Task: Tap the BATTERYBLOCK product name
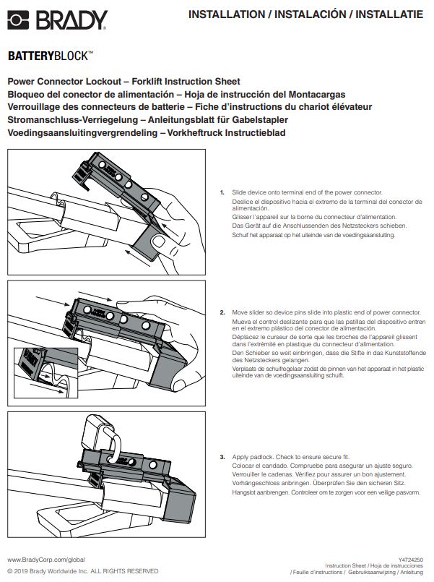pos(51,55)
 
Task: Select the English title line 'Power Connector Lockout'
pos(123,82)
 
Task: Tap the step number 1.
pos(222,192)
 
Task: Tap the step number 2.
pos(222,312)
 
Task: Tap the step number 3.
pos(222,458)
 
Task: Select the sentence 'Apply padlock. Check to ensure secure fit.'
pos(285,458)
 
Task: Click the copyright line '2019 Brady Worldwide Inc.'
pos(83,571)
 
